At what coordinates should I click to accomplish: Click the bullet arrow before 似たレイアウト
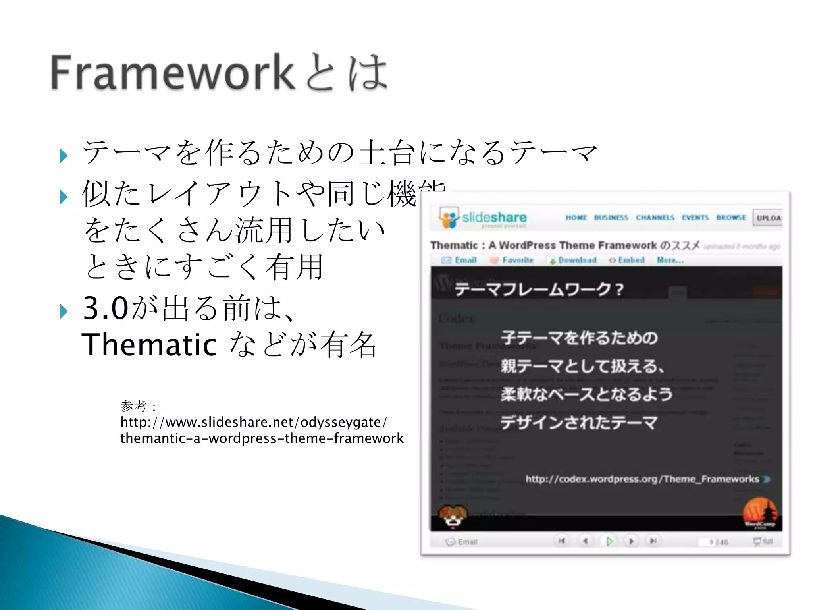click(64, 197)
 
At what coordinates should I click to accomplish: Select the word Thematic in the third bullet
click(149, 345)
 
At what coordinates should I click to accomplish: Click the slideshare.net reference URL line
click(253, 422)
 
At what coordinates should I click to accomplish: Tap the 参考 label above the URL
click(133, 406)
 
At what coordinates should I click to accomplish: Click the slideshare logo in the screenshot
click(483, 218)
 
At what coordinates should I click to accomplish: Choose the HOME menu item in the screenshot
click(576, 218)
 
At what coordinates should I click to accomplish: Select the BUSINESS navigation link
click(611, 218)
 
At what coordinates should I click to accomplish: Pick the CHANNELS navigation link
click(655, 218)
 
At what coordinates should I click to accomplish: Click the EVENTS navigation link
click(695, 218)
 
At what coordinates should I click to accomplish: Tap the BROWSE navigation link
click(731, 218)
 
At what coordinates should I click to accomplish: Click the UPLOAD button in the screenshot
click(768, 218)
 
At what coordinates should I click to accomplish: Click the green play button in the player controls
click(609, 541)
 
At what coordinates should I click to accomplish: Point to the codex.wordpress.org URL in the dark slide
click(642, 479)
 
